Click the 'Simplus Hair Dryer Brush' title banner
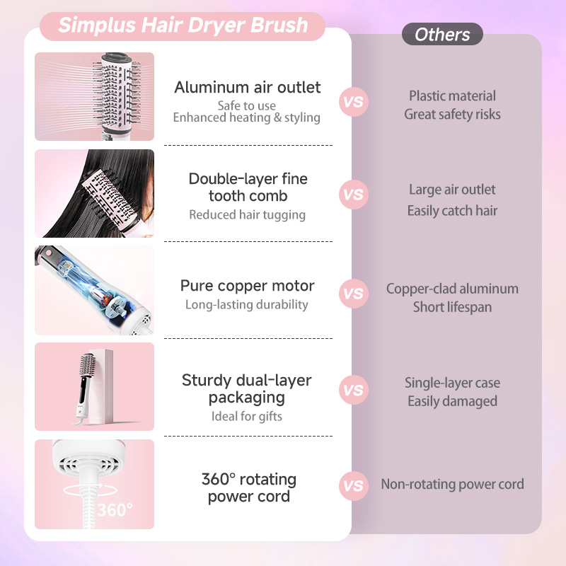point(183,25)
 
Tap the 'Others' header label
point(442,34)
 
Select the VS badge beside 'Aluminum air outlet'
point(353,101)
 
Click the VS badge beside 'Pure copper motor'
point(353,293)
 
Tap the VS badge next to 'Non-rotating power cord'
point(353,485)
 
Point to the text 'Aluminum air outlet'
point(248,88)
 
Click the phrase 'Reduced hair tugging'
point(248,214)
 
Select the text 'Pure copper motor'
point(248,286)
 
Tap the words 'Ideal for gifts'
point(247,416)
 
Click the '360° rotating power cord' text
point(248,487)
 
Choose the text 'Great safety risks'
point(452,114)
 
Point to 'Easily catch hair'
point(452,211)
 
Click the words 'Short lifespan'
point(452,307)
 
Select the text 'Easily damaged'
point(452,401)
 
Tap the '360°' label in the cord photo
point(115,509)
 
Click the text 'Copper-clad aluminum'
point(452,289)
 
